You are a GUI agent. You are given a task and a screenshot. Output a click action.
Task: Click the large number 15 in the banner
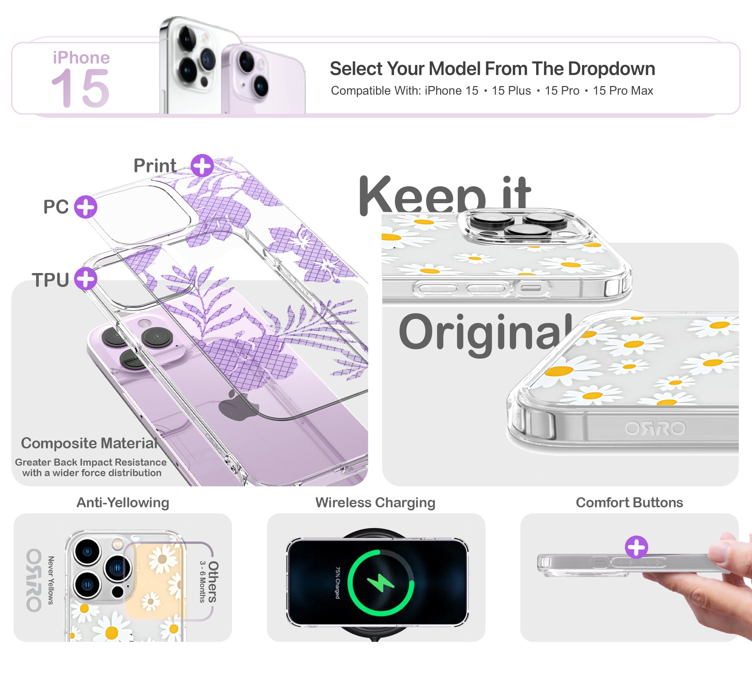coord(80,88)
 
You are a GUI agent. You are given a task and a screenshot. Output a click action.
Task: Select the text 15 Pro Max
coord(623,91)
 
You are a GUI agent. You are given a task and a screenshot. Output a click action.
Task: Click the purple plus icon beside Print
coord(202,166)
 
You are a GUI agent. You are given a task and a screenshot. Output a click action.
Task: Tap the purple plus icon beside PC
coord(86,207)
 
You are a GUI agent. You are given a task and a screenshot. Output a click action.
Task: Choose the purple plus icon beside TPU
coord(86,279)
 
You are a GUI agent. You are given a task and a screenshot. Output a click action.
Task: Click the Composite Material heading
coord(89,444)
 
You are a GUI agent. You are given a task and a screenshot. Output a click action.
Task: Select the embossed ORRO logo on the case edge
coord(655,429)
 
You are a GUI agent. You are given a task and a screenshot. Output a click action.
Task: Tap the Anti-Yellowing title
coord(123,502)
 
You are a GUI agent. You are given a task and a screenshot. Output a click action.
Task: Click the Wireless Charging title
coord(375,502)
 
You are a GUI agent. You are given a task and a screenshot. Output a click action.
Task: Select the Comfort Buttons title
coord(629,502)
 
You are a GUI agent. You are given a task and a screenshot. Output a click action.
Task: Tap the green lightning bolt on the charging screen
coord(381,583)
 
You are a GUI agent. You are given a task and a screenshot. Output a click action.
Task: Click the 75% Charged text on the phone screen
coord(338,583)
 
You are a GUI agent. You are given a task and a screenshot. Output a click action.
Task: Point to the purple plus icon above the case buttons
coord(636,547)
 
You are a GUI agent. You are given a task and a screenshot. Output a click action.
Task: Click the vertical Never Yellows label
coord(51,581)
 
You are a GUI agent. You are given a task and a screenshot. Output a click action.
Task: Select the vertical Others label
coord(213,582)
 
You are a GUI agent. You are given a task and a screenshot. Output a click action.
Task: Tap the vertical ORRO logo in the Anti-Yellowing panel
coord(34,581)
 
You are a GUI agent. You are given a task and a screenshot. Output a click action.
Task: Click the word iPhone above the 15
coord(81,58)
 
